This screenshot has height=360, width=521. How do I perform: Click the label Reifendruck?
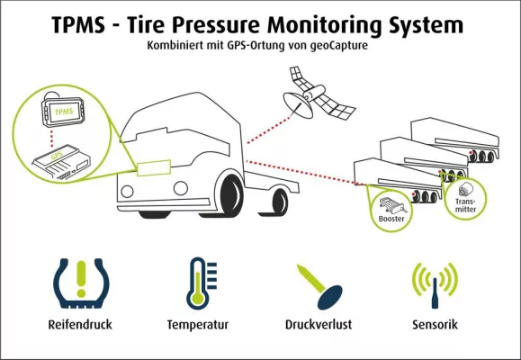(81, 323)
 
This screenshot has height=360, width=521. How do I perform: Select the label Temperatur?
(198, 323)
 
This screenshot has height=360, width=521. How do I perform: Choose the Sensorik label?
(436, 323)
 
